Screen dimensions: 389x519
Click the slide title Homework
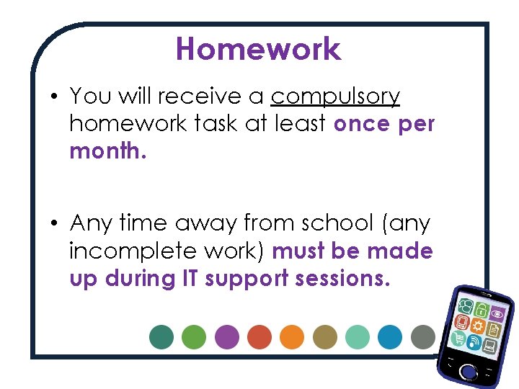(258, 49)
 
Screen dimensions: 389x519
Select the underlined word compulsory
(335, 97)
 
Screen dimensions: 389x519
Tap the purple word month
(107, 151)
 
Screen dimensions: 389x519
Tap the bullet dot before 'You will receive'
(55, 97)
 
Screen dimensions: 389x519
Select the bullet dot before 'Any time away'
(55, 223)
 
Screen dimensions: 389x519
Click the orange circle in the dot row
(292, 336)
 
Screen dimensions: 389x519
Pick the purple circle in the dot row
(227, 336)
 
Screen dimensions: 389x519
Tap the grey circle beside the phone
(422, 336)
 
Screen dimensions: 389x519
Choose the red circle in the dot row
(259, 336)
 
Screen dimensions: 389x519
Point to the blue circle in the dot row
(390, 336)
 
